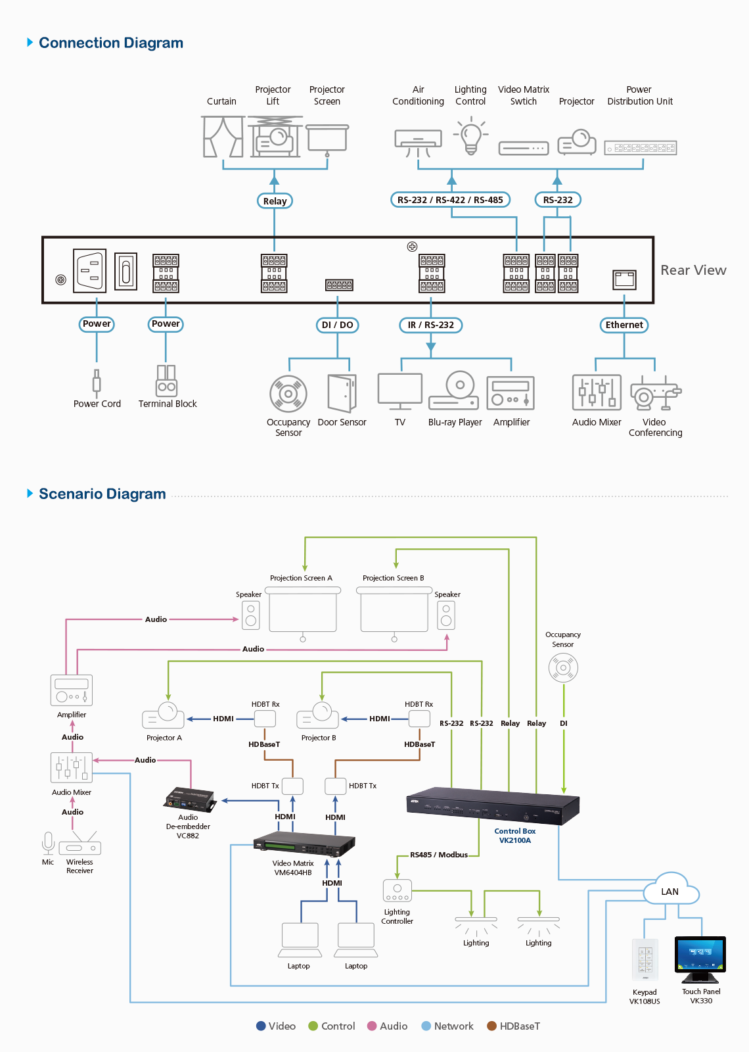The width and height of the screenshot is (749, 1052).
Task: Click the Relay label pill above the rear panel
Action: tap(275, 201)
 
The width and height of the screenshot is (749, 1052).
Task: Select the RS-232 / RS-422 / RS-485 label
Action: tap(450, 200)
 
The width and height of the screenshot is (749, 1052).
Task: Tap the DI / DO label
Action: tap(337, 325)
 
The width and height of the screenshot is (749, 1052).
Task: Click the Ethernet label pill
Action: tap(624, 325)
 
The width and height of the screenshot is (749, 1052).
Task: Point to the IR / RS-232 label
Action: tap(430, 325)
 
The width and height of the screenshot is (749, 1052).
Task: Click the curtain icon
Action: tap(223, 137)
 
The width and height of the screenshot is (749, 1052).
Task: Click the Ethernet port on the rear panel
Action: tap(624, 279)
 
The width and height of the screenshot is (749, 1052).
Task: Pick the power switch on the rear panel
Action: tap(126, 271)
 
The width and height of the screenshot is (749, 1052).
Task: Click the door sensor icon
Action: tap(342, 393)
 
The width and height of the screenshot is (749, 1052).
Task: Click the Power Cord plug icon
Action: tap(97, 381)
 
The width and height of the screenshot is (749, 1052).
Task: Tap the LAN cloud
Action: tap(670, 890)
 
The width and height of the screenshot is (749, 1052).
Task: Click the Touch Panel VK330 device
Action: tap(700, 958)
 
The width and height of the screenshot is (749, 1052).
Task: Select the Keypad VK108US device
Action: tap(645, 961)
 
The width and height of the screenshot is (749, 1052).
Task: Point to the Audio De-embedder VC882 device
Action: tap(190, 800)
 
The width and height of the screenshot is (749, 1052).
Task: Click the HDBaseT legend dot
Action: tap(491, 1026)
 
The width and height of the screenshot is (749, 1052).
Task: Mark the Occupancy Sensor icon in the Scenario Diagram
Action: tap(563, 668)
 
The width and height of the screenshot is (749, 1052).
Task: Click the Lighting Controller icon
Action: tap(397, 891)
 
